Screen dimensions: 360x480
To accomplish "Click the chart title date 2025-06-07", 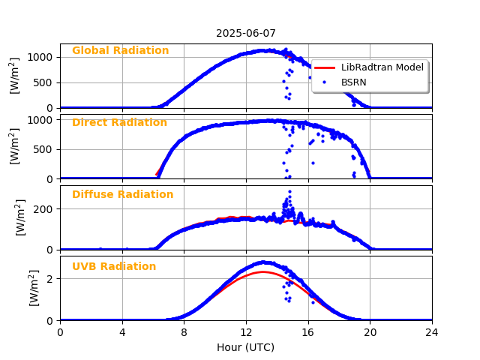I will point(246,33).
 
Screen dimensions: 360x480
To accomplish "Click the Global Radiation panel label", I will point(120,51).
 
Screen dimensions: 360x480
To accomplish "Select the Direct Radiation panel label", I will point(119,123).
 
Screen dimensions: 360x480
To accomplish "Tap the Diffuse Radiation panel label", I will point(122,195).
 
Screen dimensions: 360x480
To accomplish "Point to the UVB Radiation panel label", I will point(114,267).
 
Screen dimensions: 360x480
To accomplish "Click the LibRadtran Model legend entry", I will point(382,67).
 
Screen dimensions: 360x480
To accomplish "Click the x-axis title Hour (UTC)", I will point(246,347).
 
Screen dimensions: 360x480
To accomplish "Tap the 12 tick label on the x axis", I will point(246,331).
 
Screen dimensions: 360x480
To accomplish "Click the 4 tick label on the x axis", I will point(122,331).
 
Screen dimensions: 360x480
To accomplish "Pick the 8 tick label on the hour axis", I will point(184,331).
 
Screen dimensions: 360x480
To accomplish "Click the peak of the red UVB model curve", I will point(262,271).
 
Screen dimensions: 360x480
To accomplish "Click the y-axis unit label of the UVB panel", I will point(34,287).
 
